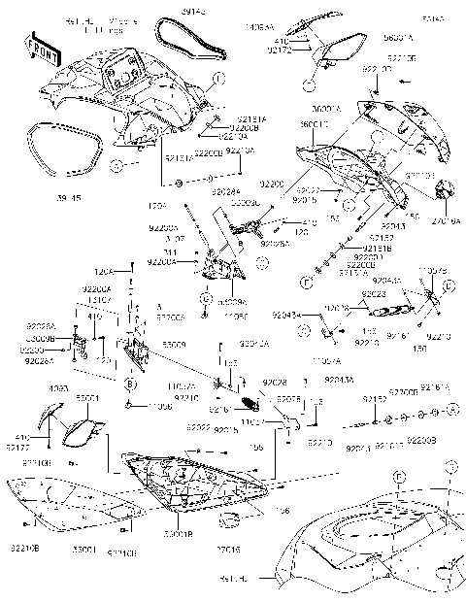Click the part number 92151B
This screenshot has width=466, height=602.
pyautogui.click(x=352, y=250)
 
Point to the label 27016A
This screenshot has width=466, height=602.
pyautogui.click(x=446, y=220)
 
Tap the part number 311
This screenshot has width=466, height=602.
pyautogui.click(x=197, y=251)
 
